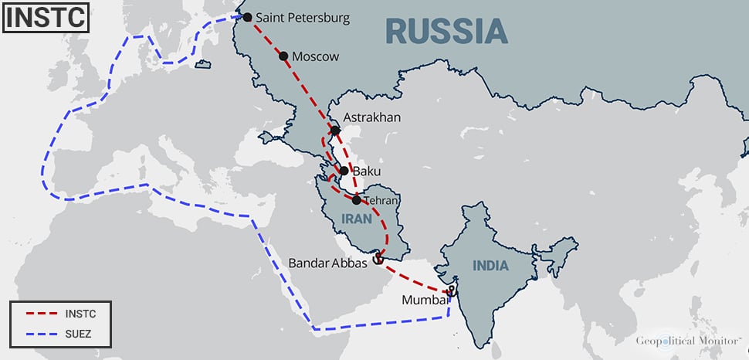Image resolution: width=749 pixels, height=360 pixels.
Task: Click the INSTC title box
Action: coord(45,19)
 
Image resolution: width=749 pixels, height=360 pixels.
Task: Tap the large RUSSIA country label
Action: coord(446,31)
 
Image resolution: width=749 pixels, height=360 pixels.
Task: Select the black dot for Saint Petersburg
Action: coord(247,17)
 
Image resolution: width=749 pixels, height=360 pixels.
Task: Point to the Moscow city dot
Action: coord(283,56)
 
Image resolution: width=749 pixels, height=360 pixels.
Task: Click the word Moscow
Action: coord(316,56)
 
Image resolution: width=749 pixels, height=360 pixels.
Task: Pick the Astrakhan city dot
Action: coord(335,131)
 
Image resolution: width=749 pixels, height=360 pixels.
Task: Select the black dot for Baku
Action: coord(344,170)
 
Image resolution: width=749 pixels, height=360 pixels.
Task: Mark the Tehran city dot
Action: coord(355,200)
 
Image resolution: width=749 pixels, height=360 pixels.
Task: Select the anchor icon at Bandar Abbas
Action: coord(378,259)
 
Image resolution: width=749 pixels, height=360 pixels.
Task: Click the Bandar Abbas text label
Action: coord(328,263)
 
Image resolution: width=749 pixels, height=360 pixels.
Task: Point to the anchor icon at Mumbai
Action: coord(452,290)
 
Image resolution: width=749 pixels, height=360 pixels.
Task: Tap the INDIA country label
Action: coord(491,266)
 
